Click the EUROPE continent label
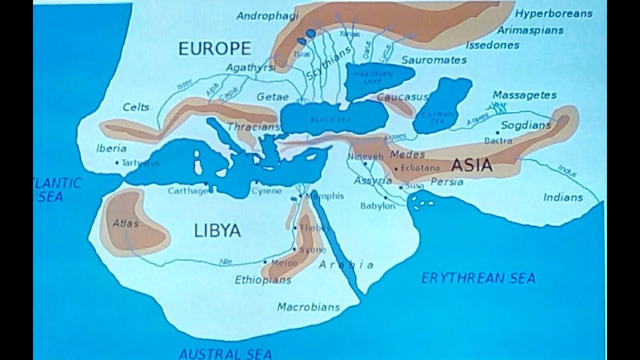[x=214, y=48]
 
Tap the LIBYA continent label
[x=217, y=230]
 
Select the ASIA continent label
[x=472, y=165]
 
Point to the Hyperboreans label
[x=553, y=13]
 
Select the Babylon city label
[x=377, y=205]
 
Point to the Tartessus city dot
[x=116, y=162]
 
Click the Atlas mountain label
[x=125, y=223]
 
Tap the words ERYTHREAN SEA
[x=478, y=278]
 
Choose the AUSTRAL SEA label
[x=225, y=354]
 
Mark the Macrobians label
[x=308, y=306]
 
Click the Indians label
[x=563, y=197]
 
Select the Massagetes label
[x=524, y=94]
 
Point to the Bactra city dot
[x=497, y=133]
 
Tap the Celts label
[x=136, y=107]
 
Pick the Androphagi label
[x=267, y=15]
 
